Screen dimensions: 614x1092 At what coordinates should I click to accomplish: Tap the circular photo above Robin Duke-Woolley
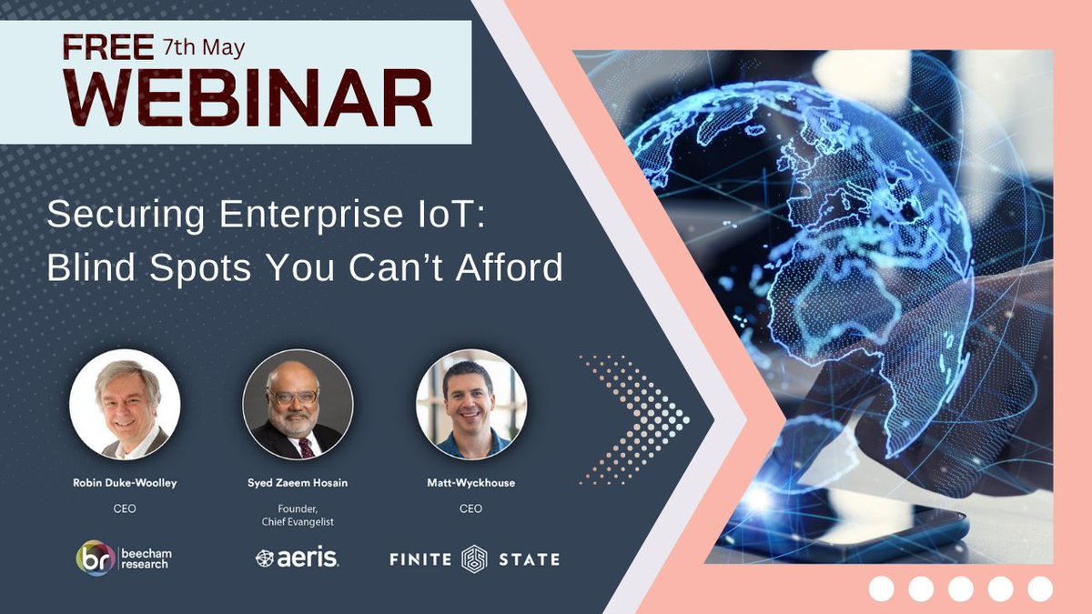[125, 404]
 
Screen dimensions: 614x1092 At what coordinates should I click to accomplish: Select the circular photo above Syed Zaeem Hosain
[298, 404]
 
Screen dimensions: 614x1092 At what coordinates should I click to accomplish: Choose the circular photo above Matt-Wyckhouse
[470, 404]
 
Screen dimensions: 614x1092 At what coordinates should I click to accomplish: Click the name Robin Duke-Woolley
[125, 483]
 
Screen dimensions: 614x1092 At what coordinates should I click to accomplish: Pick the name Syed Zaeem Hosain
[298, 483]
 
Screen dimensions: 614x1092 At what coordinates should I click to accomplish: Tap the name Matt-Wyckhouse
[470, 483]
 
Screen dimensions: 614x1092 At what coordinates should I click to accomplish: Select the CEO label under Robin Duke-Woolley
[125, 508]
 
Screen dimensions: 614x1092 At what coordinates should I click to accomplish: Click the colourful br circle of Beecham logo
[95, 558]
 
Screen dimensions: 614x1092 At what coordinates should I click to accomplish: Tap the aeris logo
[298, 559]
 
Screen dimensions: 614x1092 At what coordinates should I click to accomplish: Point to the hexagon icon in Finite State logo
[474, 559]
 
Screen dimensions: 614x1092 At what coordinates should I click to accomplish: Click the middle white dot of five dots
[960, 589]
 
